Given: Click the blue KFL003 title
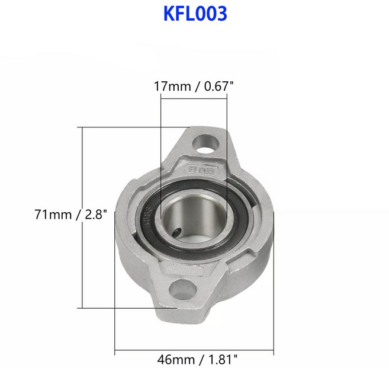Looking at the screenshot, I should click(195, 14).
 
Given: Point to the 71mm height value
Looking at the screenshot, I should click(53, 215).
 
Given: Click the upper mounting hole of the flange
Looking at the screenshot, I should click(207, 143).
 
